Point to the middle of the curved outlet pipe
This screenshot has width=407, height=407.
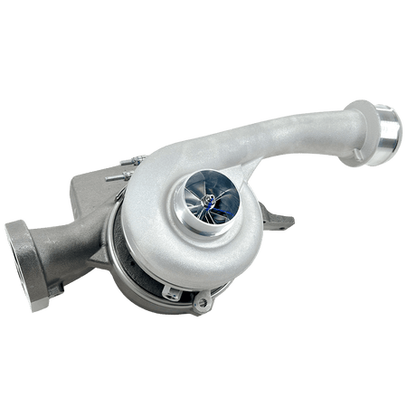click(x=271, y=127)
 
